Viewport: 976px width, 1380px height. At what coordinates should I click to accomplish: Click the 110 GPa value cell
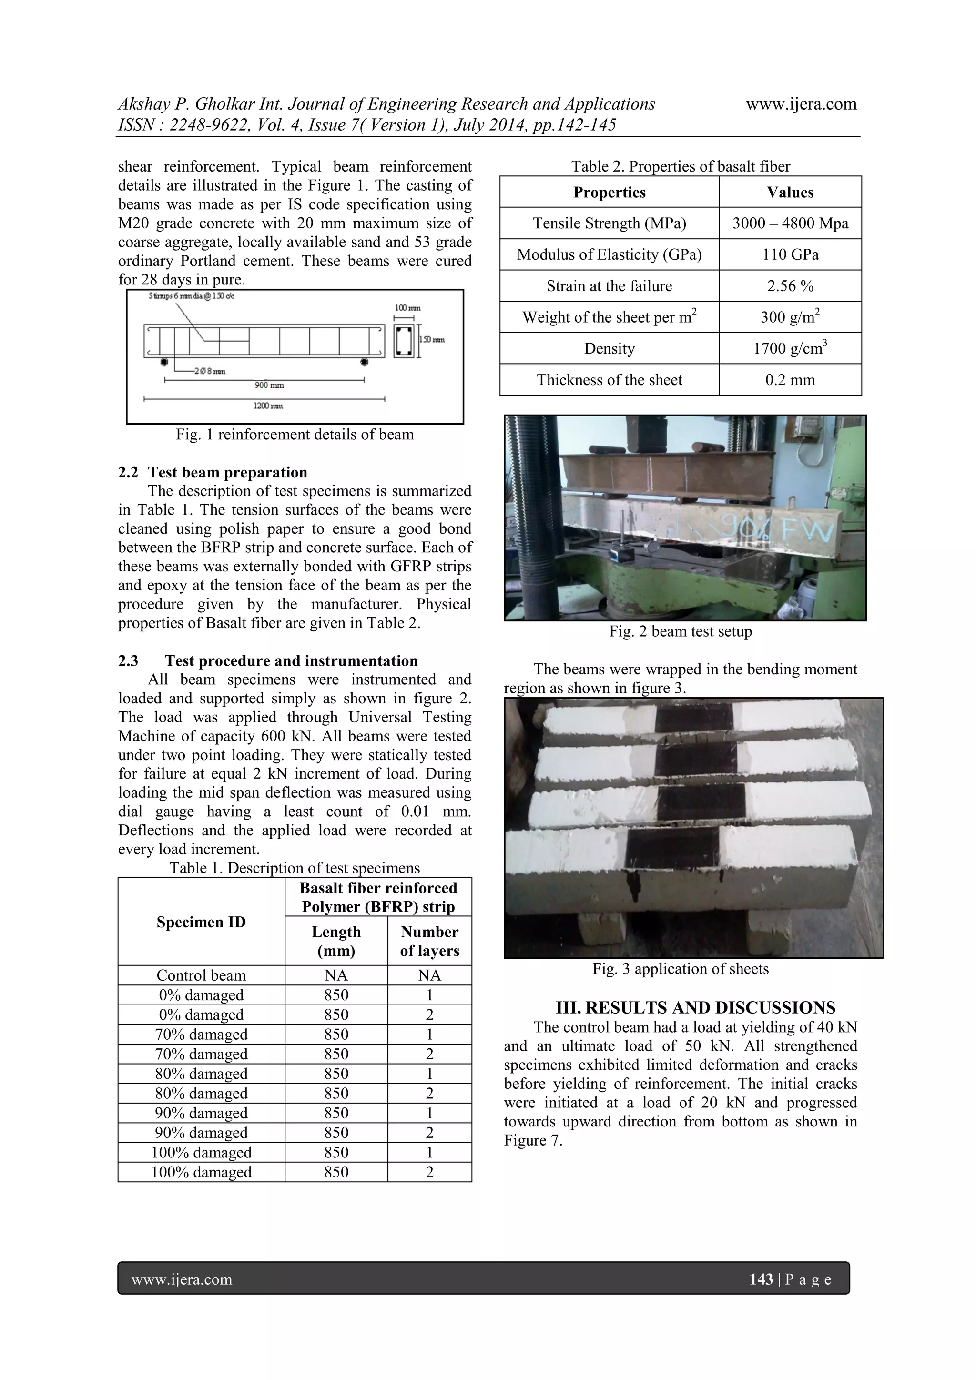(790, 254)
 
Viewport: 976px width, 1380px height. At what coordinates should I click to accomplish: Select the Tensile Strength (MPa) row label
(609, 223)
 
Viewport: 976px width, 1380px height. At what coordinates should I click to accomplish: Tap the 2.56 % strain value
(790, 285)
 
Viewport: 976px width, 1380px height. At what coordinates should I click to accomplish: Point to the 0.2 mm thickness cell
(790, 379)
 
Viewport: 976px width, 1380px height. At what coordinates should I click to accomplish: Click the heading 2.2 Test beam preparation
(213, 472)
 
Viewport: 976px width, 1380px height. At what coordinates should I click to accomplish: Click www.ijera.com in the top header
(801, 104)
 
